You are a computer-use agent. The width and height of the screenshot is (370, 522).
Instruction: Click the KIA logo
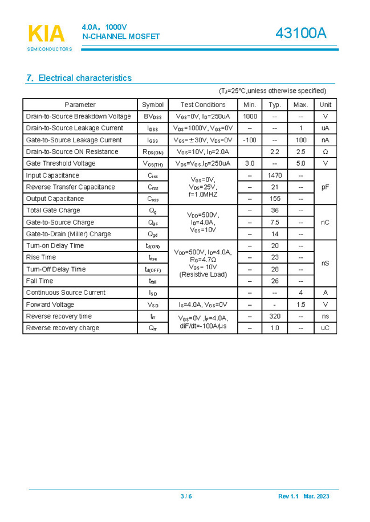pos(47,35)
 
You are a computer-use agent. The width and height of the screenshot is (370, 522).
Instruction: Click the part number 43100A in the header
pos(301,34)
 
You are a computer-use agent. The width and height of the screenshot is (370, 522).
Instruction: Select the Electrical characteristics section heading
pos(79,78)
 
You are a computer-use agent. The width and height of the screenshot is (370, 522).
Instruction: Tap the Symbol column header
pos(153,105)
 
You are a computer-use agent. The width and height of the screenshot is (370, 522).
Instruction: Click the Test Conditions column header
pos(203,105)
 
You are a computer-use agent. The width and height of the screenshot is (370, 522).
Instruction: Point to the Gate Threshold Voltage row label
pos(61,163)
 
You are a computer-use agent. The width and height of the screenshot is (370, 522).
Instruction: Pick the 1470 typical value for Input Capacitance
pos(275,175)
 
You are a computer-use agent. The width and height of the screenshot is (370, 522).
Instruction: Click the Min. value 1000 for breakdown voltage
pos(250,116)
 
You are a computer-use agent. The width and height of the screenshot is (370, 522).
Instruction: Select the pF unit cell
pos(325,187)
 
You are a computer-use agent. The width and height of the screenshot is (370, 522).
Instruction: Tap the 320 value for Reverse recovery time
pos(275,316)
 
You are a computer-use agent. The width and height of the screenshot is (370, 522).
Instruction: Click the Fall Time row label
pos(40,281)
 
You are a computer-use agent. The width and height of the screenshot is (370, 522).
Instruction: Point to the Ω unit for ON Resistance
pos(325,152)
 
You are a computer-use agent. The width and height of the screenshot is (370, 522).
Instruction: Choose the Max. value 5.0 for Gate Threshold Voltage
pos(300,163)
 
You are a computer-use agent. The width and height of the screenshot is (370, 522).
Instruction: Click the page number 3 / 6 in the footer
pos(186,496)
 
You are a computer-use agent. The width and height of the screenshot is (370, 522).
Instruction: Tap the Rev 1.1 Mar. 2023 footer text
pos(303,496)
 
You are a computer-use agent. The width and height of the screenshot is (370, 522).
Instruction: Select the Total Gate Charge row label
pos(53,211)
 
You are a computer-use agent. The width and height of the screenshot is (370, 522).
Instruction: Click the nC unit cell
pos(325,222)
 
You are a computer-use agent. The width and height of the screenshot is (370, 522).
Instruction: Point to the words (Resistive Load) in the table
pos(203,274)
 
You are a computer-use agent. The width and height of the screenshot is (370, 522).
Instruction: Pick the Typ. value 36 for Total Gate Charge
pos(275,211)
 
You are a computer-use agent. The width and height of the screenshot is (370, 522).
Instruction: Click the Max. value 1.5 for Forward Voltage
pos(300,305)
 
